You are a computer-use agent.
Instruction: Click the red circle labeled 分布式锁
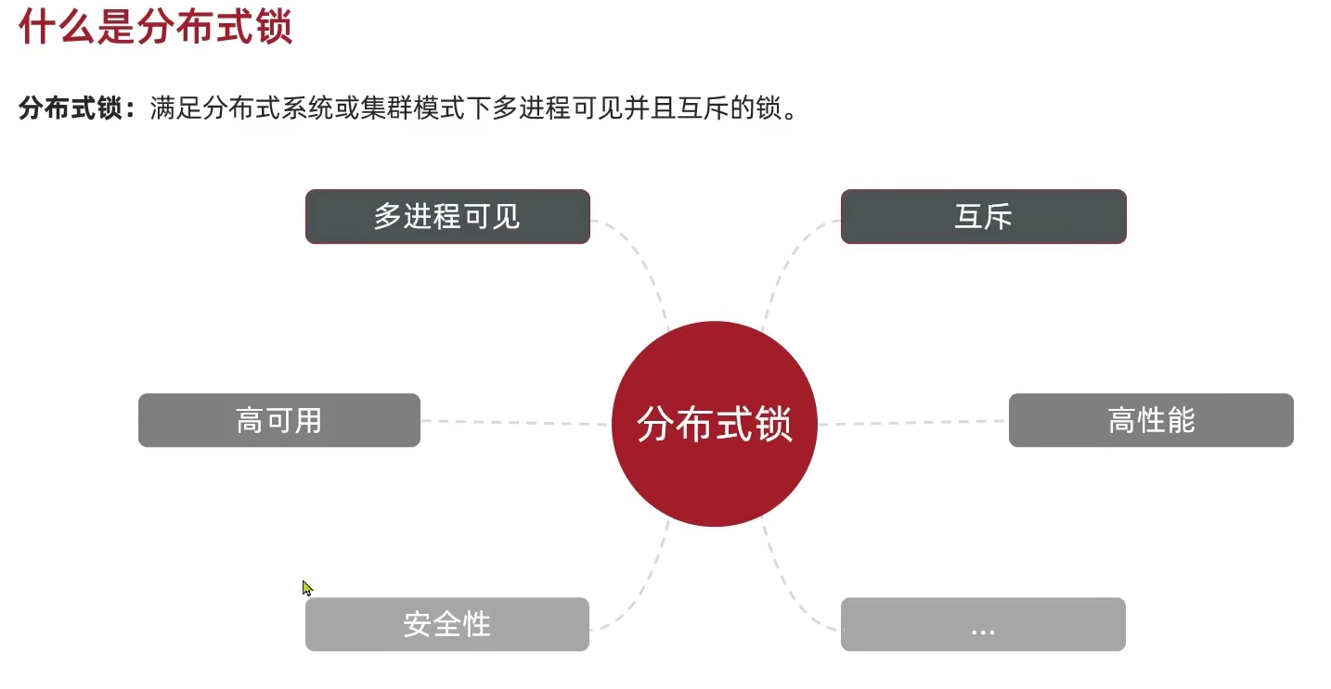coord(714,424)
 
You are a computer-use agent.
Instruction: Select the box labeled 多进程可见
coord(447,217)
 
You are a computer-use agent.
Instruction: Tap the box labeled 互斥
coord(983,217)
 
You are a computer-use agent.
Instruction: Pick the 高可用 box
coord(278,420)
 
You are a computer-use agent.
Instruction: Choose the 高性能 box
coord(1151,420)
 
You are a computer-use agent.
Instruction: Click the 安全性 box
coord(446,624)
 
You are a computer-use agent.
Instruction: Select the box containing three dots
coord(983,624)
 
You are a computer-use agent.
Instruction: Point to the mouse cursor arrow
coord(306,587)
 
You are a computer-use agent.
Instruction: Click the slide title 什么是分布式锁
coord(155,27)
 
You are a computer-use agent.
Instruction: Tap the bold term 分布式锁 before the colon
coord(70,108)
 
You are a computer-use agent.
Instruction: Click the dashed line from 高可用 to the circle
coord(515,423)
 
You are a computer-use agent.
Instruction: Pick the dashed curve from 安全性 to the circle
coord(646,584)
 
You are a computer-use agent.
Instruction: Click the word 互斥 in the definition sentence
coord(696,108)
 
